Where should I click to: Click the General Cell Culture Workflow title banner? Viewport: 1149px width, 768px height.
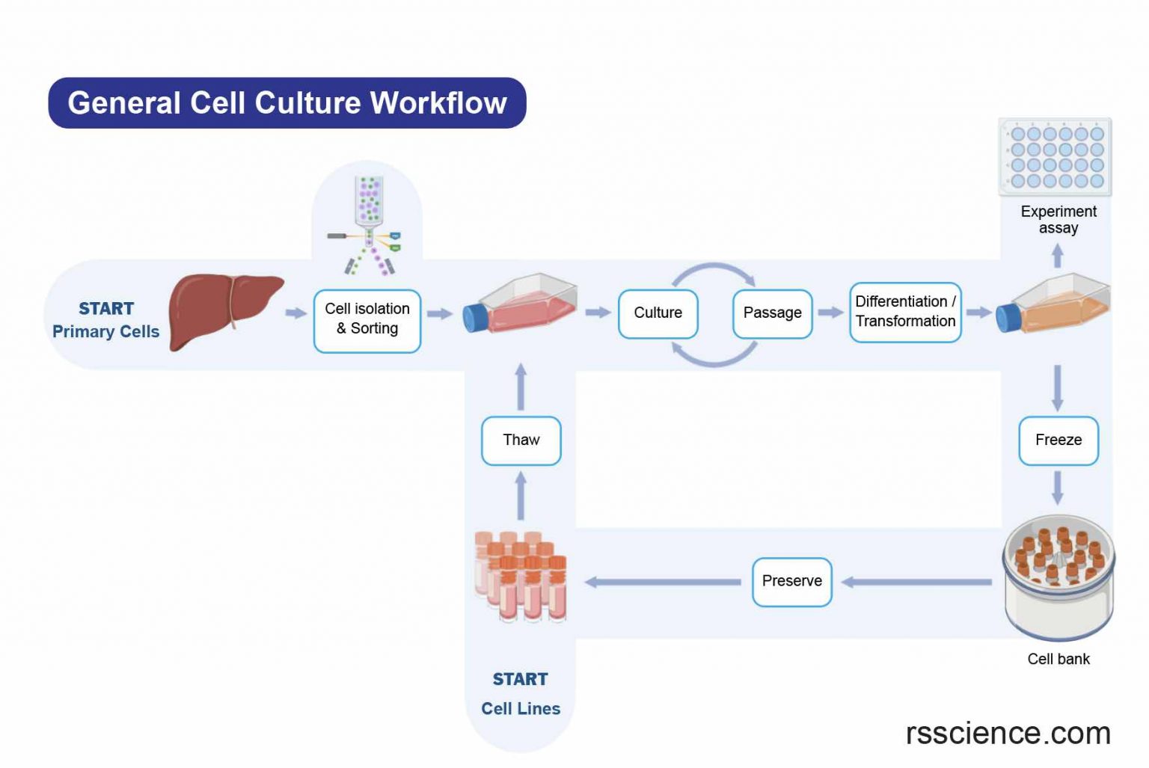point(287,102)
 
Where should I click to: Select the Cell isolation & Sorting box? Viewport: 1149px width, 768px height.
point(367,320)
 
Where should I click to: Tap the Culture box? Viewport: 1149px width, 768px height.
point(658,313)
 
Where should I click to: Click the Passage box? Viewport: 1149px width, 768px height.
point(772,313)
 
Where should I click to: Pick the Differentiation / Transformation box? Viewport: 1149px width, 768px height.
point(905,312)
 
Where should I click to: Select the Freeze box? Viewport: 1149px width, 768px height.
point(1058,440)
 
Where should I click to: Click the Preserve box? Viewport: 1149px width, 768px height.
point(791,581)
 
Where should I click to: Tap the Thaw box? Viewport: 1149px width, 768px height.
point(521,440)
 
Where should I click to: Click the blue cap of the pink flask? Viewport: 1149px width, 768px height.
point(475,318)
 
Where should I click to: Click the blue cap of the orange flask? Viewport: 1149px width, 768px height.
point(1008,317)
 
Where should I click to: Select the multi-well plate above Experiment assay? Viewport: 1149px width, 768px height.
point(1055,157)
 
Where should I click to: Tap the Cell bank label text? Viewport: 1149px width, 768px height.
point(1058,659)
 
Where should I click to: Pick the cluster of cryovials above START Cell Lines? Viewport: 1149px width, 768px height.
point(521,577)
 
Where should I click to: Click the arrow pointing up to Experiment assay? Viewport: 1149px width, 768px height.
point(1057,256)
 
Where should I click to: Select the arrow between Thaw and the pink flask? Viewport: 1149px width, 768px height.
point(521,386)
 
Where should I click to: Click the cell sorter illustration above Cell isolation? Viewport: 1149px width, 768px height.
point(367,225)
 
